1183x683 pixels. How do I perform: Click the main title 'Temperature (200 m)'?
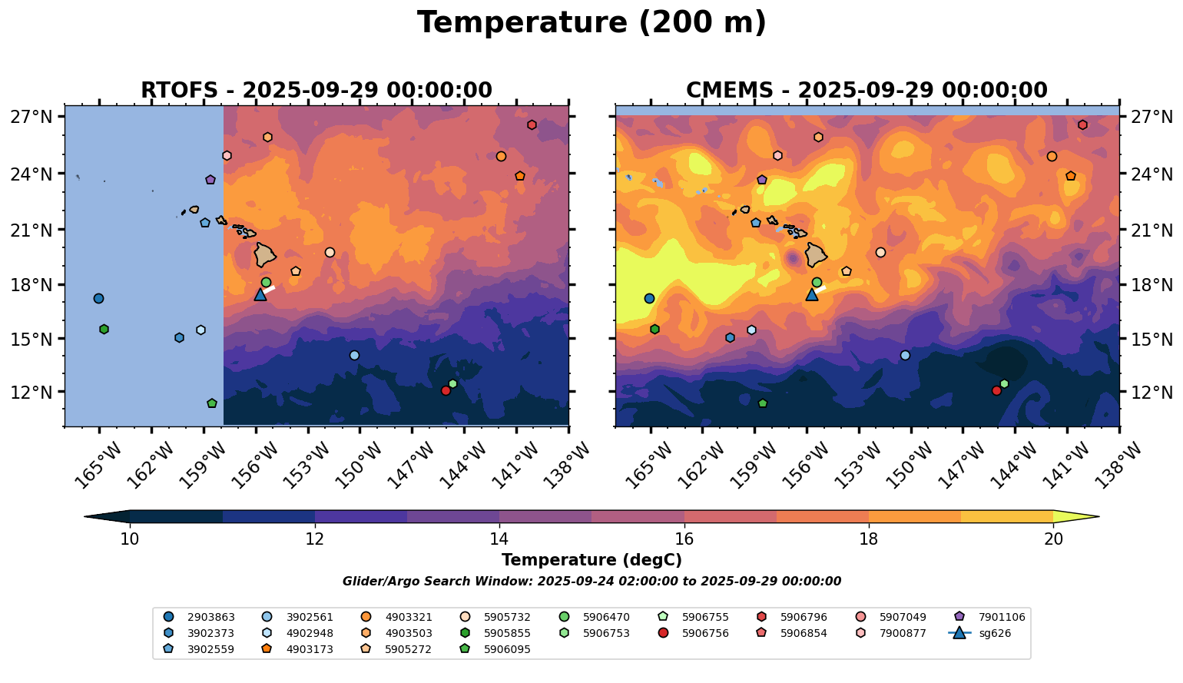click(x=591, y=23)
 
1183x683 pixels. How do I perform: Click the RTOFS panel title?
click(x=316, y=91)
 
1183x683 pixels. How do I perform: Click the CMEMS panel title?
click(x=867, y=91)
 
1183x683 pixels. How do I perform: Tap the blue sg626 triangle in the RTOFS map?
click(x=260, y=294)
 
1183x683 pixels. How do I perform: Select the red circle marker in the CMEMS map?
click(x=996, y=390)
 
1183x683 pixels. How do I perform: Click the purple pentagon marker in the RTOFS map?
click(x=210, y=180)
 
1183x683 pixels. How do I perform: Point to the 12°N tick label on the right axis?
click(x=1151, y=393)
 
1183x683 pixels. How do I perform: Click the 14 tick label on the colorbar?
click(x=499, y=539)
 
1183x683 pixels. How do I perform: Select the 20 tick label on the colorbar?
click(x=1053, y=539)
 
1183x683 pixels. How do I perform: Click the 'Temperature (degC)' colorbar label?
click(x=591, y=560)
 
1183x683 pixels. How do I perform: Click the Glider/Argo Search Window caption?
click(x=591, y=582)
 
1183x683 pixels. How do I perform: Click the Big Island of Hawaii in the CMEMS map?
click(x=816, y=254)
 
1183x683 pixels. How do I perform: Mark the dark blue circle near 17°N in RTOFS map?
click(x=98, y=298)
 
